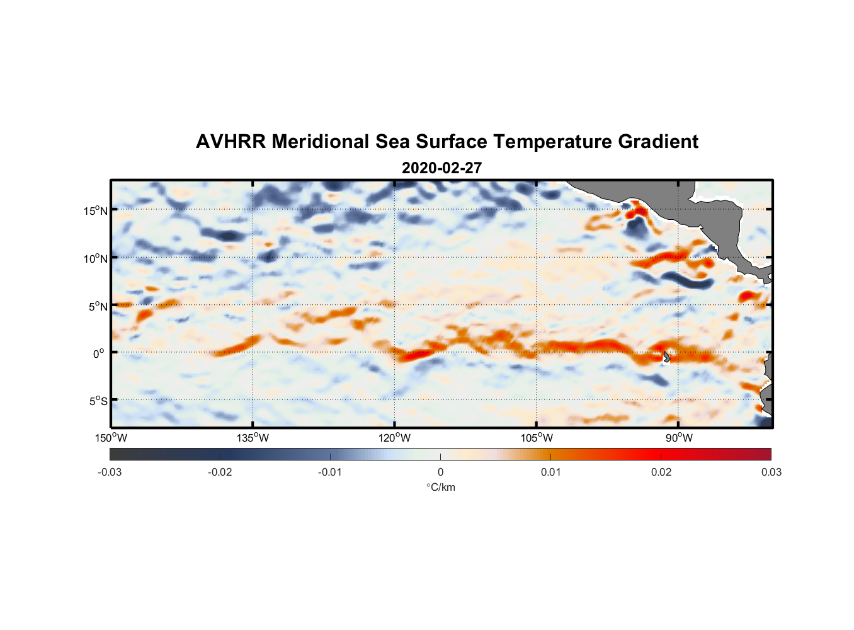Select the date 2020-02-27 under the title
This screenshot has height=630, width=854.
[441, 168]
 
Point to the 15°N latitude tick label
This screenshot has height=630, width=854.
[96, 210]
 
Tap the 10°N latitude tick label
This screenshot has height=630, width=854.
[96, 258]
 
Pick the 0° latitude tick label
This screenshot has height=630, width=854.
[99, 353]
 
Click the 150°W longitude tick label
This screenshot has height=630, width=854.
[111, 438]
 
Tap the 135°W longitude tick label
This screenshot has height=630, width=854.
[253, 438]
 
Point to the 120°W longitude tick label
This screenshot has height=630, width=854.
[395, 438]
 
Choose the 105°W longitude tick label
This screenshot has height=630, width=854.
[537, 438]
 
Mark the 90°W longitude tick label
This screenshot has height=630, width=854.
[679, 438]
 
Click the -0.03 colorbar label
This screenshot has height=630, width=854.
[110, 472]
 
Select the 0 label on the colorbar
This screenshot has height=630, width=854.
[440, 472]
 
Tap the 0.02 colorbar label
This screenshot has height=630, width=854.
[661, 472]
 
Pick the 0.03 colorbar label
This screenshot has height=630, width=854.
[771, 472]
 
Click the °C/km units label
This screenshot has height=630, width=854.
[440, 487]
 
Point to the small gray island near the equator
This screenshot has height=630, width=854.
[666, 357]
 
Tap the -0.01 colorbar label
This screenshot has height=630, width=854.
[330, 472]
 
